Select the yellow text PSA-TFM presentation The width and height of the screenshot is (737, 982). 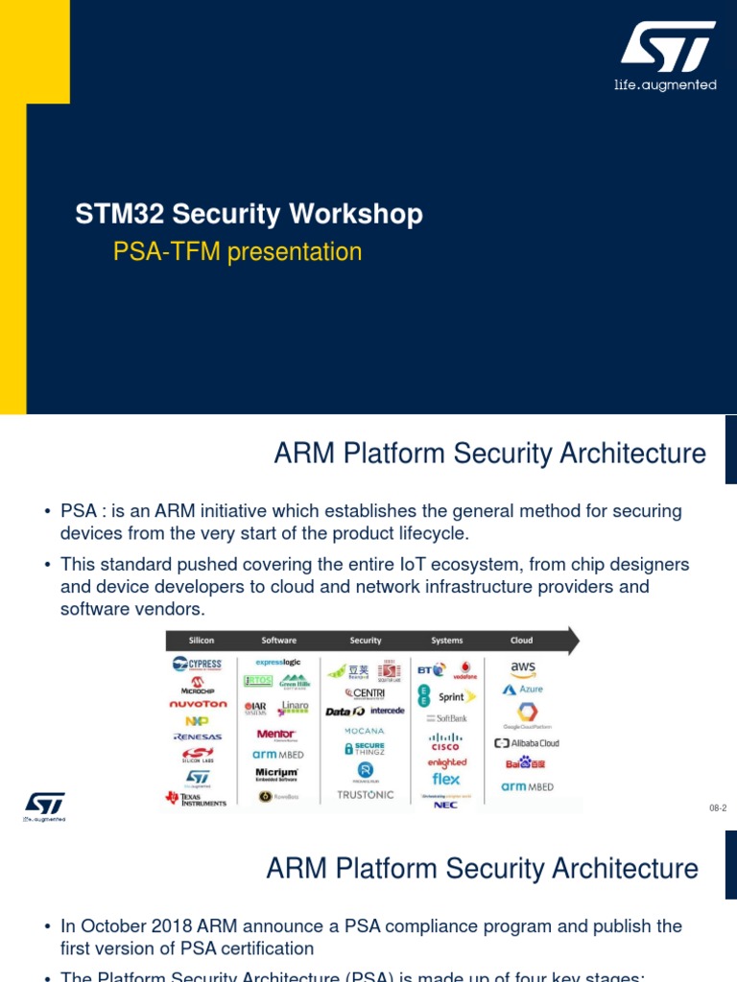coord(237,252)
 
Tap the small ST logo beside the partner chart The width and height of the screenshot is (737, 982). coord(44,807)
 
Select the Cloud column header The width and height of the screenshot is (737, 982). coord(522,641)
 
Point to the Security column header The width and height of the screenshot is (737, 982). coord(366,641)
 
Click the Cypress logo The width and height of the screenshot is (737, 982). coord(197,664)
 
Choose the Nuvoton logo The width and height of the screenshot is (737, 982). coord(198,703)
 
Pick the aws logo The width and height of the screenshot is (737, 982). coord(523,668)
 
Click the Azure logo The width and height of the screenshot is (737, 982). coord(523,690)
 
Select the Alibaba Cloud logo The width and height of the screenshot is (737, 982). coord(526,743)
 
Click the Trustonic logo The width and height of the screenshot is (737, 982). coord(366,795)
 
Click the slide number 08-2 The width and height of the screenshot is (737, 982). coord(718,808)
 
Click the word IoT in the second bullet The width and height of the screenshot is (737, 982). coord(368,565)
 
